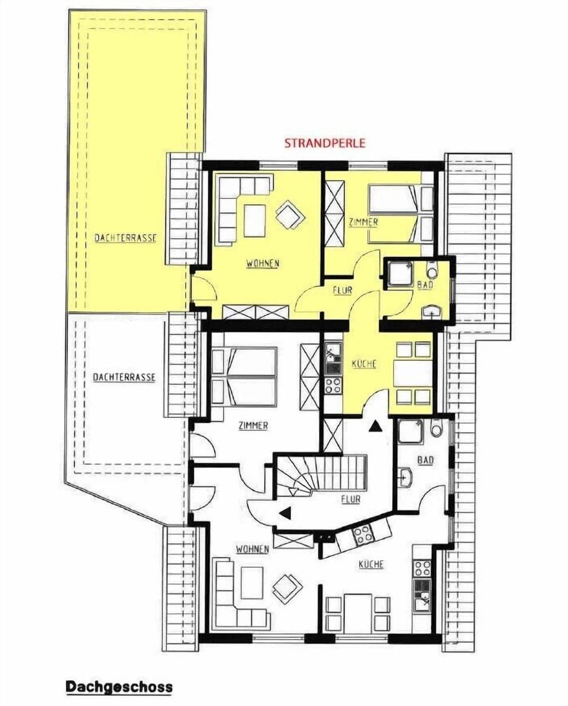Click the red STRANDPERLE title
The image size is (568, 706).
325,143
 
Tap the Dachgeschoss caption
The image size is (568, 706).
119,686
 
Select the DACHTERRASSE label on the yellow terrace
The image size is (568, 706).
125,238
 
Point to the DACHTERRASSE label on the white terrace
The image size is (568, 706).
124,377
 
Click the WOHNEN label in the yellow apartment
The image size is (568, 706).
263,264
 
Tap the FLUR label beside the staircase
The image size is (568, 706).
350,500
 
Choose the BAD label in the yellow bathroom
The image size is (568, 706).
425,284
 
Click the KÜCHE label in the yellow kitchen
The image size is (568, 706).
364,364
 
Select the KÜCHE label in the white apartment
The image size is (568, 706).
371,564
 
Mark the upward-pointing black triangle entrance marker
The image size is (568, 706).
375,425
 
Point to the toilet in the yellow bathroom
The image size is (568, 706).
431,270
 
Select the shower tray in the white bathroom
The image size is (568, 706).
410,432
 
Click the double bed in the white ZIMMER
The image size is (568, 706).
244,377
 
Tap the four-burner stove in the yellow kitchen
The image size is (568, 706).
333,385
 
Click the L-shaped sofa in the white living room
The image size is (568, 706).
234,597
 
